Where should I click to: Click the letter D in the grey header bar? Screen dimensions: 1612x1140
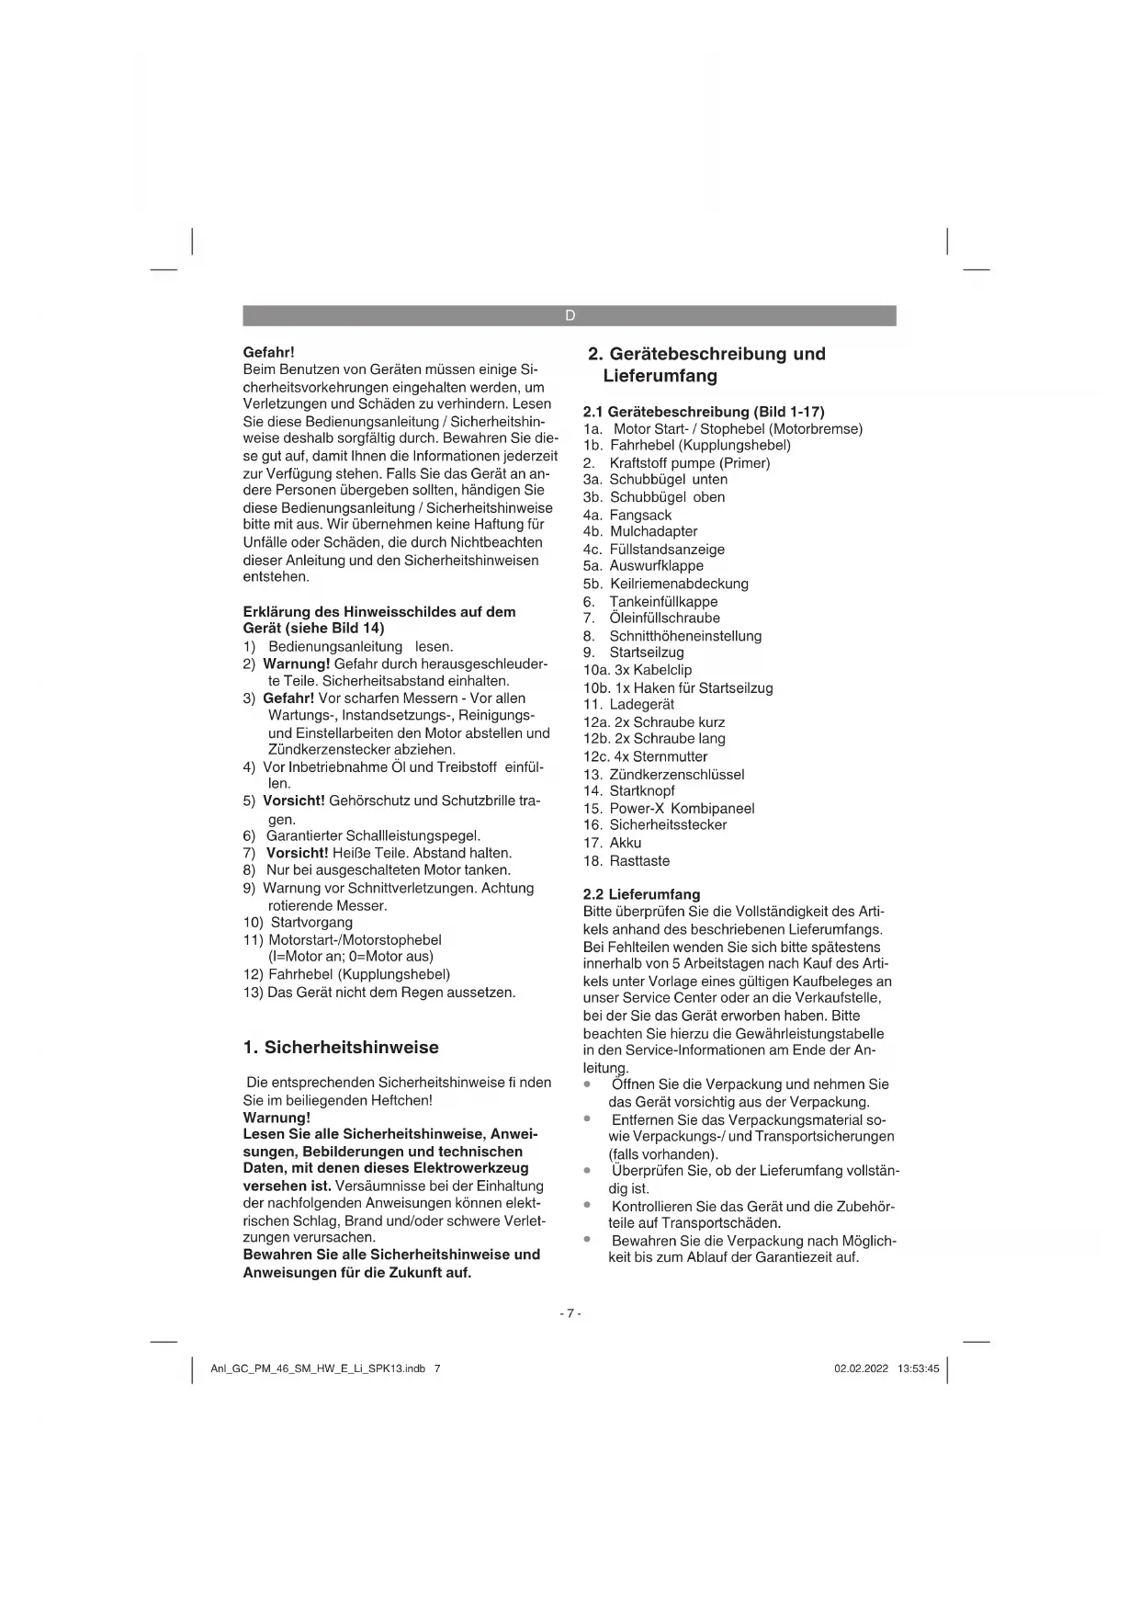(x=570, y=316)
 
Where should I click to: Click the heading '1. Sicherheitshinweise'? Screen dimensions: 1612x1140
(x=341, y=1048)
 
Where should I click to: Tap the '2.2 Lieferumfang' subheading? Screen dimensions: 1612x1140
(x=641, y=894)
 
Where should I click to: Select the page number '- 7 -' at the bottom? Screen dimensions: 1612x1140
(x=570, y=1313)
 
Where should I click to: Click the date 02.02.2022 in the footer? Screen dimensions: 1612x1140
(x=861, y=1368)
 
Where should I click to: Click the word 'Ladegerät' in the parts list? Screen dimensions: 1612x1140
(x=641, y=704)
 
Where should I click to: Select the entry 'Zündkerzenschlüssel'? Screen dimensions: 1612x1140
(x=676, y=774)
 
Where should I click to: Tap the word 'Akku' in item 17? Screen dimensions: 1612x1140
(x=626, y=843)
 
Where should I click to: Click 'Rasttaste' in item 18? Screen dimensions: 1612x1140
(x=639, y=860)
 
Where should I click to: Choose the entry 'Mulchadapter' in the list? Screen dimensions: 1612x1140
(x=653, y=531)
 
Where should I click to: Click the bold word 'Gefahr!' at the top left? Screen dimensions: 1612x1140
(x=268, y=352)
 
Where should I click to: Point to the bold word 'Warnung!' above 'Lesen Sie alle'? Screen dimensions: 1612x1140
(x=277, y=1118)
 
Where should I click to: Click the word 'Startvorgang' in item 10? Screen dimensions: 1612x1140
(x=311, y=922)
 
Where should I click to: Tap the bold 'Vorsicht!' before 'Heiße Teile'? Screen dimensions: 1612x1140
(x=297, y=853)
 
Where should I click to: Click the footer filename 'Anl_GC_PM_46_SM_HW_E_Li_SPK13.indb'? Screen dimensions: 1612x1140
(x=318, y=1368)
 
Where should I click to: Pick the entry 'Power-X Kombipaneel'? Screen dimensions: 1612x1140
(x=682, y=808)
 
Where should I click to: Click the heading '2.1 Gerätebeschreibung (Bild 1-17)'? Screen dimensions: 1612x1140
(x=704, y=412)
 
